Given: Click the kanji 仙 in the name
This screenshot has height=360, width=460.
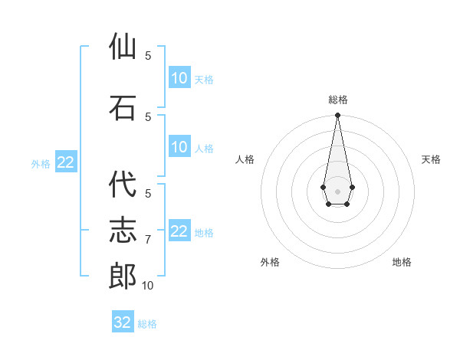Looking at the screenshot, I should (x=123, y=47).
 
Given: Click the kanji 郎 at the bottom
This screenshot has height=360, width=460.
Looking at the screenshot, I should (x=123, y=277).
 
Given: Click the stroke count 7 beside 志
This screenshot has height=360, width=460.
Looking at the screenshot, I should (x=148, y=240).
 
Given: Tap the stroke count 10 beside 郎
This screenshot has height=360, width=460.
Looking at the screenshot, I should (x=148, y=286).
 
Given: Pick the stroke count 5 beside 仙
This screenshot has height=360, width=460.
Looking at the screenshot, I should (x=148, y=56).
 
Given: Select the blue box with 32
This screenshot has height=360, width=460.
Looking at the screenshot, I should (x=123, y=322).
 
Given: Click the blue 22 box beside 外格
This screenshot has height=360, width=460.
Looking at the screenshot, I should (x=65, y=162).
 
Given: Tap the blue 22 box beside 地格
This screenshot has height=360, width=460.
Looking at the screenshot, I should (x=179, y=231).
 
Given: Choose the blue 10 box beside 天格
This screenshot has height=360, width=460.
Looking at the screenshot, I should (x=179, y=78).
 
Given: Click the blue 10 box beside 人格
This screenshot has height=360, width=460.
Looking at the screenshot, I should (x=179, y=147).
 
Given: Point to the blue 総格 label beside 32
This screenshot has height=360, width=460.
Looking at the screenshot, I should (x=147, y=324).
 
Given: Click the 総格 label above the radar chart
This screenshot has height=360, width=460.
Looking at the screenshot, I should (x=338, y=100).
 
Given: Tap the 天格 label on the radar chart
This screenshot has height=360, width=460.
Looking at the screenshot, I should (x=431, y=159).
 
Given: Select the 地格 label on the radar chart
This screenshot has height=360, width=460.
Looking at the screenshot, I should (x=402, y=262).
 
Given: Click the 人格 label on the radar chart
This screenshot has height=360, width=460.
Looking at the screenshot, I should (x=245, y=159).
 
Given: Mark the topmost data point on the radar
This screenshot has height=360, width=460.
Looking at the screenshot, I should (x=337, y=116).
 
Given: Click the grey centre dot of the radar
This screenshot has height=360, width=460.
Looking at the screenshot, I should (x=337, y=190).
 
